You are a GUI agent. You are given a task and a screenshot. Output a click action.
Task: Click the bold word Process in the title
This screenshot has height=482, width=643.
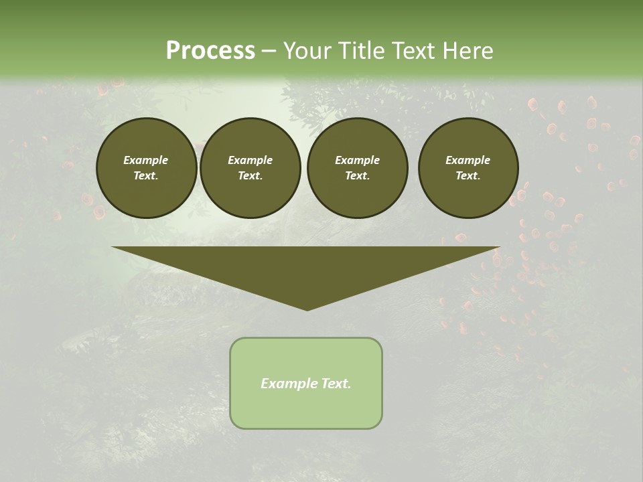point(210,51)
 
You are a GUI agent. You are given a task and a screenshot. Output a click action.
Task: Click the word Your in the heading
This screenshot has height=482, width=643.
point(307,51)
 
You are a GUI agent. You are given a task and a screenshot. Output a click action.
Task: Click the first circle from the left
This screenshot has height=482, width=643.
point(146,168)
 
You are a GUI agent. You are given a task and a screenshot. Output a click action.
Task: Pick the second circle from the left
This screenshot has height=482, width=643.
point(251,168)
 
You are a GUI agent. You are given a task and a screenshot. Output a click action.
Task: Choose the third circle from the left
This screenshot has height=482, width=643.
point(358,168)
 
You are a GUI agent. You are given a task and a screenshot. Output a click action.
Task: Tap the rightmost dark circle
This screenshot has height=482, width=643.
point(468,168)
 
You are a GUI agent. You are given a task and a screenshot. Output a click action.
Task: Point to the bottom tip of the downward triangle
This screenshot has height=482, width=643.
point(307,309)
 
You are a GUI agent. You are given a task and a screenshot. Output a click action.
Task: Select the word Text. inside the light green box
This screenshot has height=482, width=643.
point(336,384)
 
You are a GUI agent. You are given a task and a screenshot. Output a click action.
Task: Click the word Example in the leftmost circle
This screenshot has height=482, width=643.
point(146,160)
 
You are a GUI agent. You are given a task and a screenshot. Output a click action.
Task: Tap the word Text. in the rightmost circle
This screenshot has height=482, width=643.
point(468,176)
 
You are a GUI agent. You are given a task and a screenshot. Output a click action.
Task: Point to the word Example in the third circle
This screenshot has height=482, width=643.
point(358,160)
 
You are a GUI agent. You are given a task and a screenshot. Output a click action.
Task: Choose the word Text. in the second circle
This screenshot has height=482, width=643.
point(251,176)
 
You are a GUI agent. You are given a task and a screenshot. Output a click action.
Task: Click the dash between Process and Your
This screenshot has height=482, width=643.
point(269,51)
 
